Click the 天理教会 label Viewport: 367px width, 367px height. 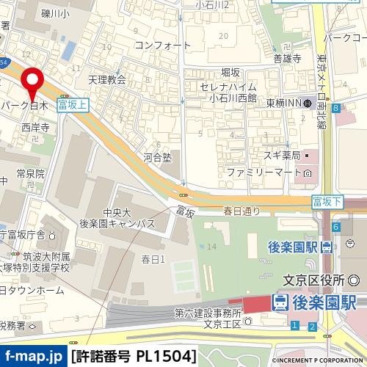click(107, 79)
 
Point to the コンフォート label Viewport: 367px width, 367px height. click(158, 45)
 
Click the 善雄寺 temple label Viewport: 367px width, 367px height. click(287, 59)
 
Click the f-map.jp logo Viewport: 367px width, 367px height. click(33, 357)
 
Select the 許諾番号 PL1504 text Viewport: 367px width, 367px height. click(134, 357)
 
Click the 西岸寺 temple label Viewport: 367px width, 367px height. click(35, 127)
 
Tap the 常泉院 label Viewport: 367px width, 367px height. click(31, 174)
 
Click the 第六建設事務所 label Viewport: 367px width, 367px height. click(208, 313)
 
